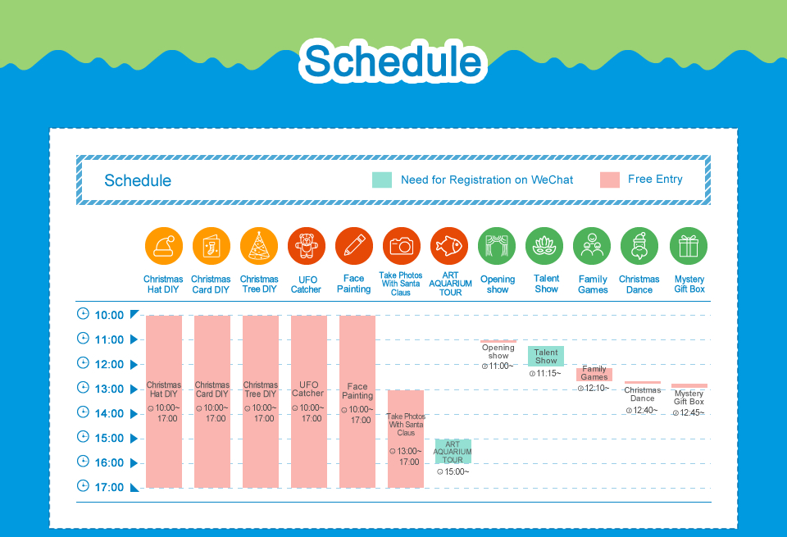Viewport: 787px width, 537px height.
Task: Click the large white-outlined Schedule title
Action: click(393, 61)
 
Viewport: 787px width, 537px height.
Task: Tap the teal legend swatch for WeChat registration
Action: click(381, 180)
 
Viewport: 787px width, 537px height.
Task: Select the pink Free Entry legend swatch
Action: click(609, 180)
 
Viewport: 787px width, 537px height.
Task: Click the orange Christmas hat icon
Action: click(164, 246)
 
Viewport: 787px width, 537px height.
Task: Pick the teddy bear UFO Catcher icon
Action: click(306, 246)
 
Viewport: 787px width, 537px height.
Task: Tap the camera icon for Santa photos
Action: click(401, 246)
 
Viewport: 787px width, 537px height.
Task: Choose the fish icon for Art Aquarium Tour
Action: click(448, 246)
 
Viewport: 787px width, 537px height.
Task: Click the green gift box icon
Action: click(688, 246)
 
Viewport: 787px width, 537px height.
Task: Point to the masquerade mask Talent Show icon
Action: click(544, 246)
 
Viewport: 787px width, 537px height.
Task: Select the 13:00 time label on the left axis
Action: click(109, 389)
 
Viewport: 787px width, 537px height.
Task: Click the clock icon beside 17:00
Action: click(83, 486)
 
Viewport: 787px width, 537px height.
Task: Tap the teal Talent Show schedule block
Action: click(546, 356)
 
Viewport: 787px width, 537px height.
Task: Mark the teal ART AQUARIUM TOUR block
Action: click(453, 452)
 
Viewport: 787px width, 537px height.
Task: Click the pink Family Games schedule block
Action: click(594, 374)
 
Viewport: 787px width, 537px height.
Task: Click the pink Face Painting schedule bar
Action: click(357, 402)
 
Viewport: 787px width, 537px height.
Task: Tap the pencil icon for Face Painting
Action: click(354, 246)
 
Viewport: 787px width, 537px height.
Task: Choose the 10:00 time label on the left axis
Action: click(109, 315)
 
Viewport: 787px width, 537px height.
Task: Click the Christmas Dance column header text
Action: click(639, 284)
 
